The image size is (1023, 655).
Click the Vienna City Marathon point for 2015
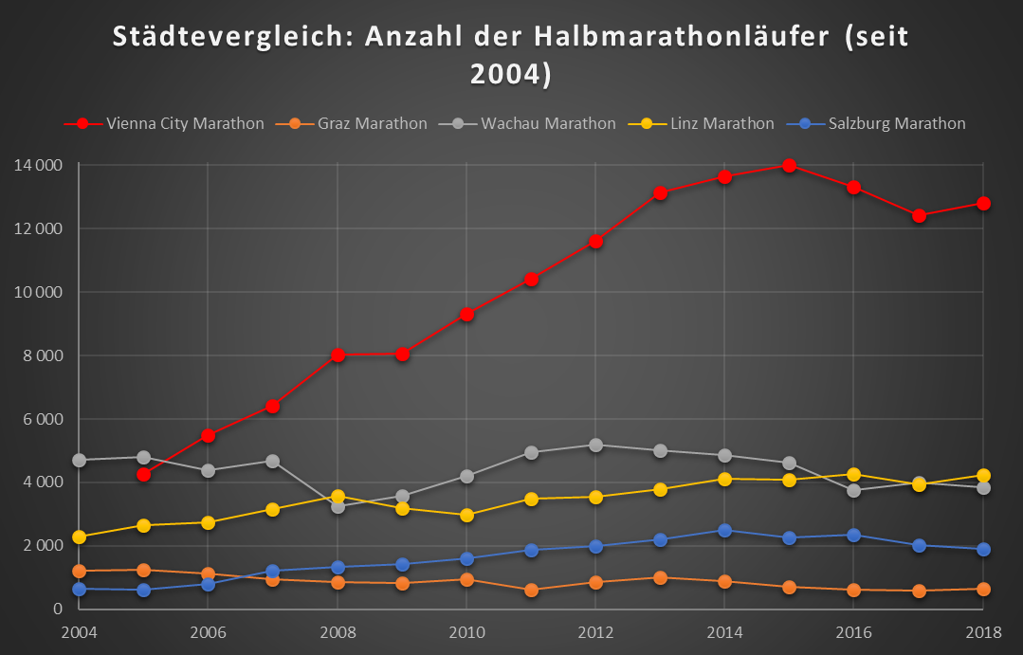click(789, 166)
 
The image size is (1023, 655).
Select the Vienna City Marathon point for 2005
click(143, 474)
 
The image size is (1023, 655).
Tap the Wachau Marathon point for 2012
click(595, 445)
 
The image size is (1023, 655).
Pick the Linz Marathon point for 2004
click(80, 537)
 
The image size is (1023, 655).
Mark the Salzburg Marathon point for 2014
click(724, 531)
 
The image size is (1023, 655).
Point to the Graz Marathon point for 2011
click(531, 590)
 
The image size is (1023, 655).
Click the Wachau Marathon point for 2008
click(338, 506)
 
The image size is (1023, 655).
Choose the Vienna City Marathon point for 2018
click(983, 204)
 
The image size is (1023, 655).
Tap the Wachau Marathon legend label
click(548, 123)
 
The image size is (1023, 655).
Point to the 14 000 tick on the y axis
click(39, 166)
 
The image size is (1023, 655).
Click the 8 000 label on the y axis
click(43, 355)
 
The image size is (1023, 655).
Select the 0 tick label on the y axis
click(58, 609)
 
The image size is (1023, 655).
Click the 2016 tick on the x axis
click(853, 631)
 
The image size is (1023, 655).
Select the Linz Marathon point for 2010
click(466, 516)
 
